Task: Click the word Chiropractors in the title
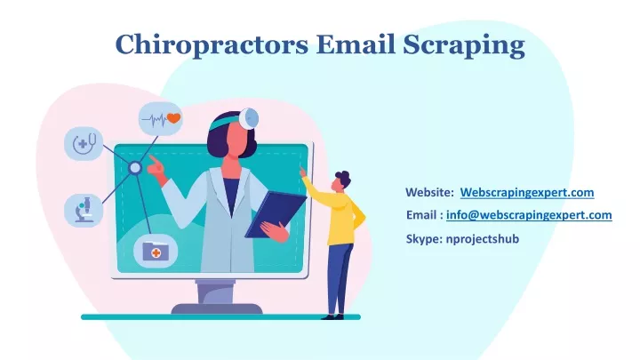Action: [212, 45]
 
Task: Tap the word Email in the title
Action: [356, 44]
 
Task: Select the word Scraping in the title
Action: [464, 45]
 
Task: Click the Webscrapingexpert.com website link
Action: [527, 192]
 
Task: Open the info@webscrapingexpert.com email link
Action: [529, 215]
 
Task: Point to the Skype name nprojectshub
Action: [483, 239]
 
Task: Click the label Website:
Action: [430, 192]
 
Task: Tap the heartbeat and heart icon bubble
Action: [160, 119]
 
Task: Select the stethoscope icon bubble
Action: [84, 143]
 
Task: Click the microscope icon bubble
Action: [84, 210]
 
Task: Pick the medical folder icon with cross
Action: [156, 251]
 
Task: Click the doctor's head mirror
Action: [249, 118]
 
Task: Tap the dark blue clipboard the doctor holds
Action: [276, 214]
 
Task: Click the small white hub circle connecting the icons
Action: [135, 168]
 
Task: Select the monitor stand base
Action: [217, 308]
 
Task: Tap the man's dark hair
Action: [343, 177]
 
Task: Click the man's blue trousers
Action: [340, 278]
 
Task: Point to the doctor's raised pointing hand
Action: [156, 166]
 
